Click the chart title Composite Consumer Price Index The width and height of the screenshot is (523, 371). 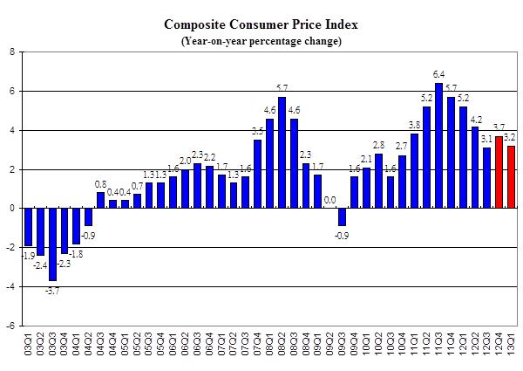click(261, 24)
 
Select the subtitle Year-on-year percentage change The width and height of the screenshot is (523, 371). click(261, 41)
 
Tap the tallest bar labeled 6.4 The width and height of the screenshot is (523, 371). click(439, 146)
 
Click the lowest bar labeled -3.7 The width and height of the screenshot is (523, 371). click(52, 244)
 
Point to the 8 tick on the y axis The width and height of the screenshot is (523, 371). click(11, 52)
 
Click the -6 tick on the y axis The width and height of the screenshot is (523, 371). click(10, 326)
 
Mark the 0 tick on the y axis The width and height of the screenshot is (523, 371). click(11, 209)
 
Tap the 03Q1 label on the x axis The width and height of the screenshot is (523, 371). click(28, 344)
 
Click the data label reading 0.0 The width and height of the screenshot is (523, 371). click(330, 200)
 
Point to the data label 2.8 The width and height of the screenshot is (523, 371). click(378, 145)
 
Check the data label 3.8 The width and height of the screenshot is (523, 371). click(415, 126)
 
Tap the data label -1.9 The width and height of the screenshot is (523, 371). click(28, 255)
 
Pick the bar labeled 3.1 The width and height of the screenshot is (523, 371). click(487, 178)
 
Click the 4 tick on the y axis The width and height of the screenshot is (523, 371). click(11, 130)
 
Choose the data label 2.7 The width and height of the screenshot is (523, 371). click(402, 147)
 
